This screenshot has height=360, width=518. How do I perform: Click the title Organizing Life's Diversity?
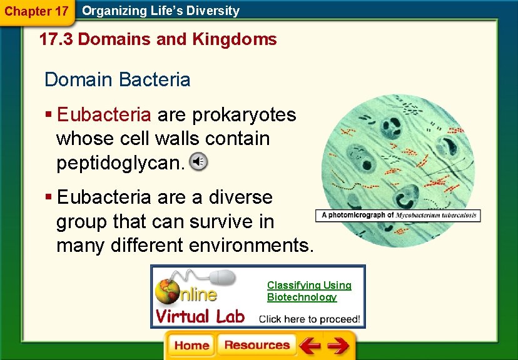click(x=161, y=11)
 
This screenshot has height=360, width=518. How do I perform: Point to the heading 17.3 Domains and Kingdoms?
click(x=158, y=40)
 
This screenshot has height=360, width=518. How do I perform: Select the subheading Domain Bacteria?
click(x=118, y=80)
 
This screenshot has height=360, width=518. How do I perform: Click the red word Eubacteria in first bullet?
click(x=104, y=115)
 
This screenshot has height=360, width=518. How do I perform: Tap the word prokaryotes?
click(x=244, y=115)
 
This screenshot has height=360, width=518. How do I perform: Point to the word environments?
click(x=255, y=245)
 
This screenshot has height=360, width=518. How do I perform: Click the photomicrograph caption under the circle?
click(x=399, y=215)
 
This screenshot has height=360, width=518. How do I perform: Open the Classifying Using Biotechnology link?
click(x=309, y=291)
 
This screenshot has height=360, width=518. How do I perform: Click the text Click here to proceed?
click(x=310, y=318)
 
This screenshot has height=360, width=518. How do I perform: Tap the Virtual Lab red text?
click(x=200, y=316)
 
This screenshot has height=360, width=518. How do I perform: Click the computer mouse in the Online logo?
click(x=219, y=278)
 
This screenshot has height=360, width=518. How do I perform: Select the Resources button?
click(x=256, y=346)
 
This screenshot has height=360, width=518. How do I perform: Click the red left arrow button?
click(x=310, y=346)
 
